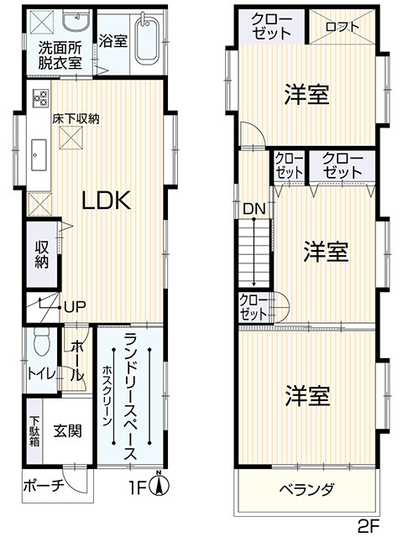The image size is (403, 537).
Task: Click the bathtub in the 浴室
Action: tap(147, 39)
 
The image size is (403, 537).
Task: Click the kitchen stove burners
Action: tap(40, 97)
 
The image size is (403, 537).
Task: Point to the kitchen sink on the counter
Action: tap(39, 154)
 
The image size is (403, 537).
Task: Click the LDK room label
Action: tap(107, 201)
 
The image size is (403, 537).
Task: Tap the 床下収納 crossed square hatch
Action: tap(71, 138)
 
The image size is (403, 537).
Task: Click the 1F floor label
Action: tap(137, 487)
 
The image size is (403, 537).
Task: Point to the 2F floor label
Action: tap(369, 526)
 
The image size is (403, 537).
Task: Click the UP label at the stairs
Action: tap(75, 307)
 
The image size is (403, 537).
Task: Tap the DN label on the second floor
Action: tap(254, 209)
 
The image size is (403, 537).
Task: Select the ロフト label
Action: tap(342, 27)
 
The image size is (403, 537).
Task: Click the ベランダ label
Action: tap(306, 489)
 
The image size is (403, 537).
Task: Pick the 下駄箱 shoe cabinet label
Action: tap(34, 431)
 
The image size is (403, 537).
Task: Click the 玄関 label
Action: tap(68, 430)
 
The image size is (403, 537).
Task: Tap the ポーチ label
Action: tap(44, 485)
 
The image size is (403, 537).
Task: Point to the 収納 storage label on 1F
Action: tap(41, 255)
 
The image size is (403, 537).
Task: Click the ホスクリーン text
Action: tap(107, 395)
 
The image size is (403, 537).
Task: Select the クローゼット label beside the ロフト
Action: tap(271, 26)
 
